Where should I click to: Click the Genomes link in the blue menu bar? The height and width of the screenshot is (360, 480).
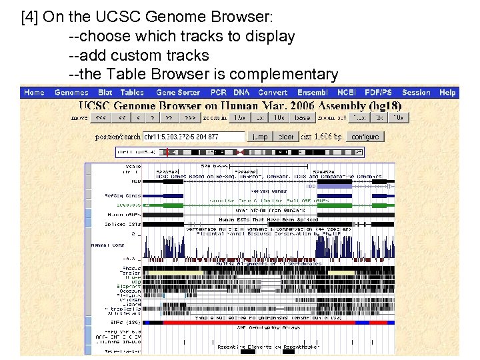71,93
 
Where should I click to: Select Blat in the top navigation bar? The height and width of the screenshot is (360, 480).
105,93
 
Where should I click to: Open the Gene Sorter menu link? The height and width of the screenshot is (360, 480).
178,93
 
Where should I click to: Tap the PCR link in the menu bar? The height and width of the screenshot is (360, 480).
219,93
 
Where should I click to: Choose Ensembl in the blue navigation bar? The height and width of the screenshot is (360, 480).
313,93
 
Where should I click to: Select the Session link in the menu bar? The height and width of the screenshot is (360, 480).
416,93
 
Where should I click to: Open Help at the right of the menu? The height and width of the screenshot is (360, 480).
447,93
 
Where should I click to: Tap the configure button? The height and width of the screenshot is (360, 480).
365,137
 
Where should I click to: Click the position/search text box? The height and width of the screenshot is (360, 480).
194,137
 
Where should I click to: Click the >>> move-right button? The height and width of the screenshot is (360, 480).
189,117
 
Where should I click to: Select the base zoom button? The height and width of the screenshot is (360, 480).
302,117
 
